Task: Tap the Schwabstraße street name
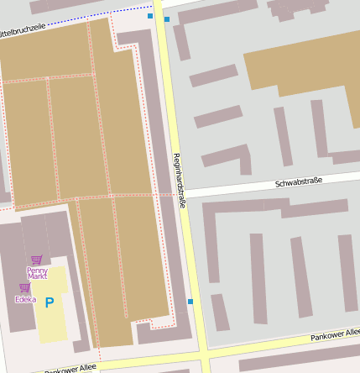click(x=298, y=182)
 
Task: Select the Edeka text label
click(x=25, y=298)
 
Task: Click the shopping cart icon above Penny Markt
click(x=36, y=260)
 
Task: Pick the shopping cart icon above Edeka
click(x=24, y=287)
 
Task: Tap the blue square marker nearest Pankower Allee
click(x=190, y=302)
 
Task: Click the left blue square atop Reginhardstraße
click(x=150, y=16)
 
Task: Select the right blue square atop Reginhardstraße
click(x=167, y=18)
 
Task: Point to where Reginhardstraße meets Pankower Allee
click(x=203, y=353)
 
